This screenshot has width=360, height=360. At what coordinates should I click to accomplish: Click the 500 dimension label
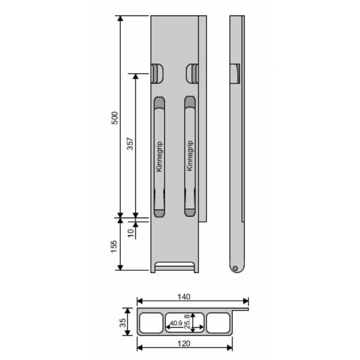114,118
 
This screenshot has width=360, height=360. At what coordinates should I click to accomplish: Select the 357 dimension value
130,143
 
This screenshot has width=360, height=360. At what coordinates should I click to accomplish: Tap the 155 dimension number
114,247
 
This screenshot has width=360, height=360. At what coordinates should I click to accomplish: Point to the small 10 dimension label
131,233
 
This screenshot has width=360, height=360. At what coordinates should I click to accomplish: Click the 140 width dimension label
184,297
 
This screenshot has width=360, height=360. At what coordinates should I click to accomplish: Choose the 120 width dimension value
184,344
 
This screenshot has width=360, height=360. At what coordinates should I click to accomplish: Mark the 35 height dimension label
123,322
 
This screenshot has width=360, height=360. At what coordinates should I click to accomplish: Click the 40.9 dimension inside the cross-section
176,323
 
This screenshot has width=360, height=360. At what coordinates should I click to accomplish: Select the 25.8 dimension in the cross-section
187,321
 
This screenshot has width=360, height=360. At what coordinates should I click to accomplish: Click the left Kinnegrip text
159,156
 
